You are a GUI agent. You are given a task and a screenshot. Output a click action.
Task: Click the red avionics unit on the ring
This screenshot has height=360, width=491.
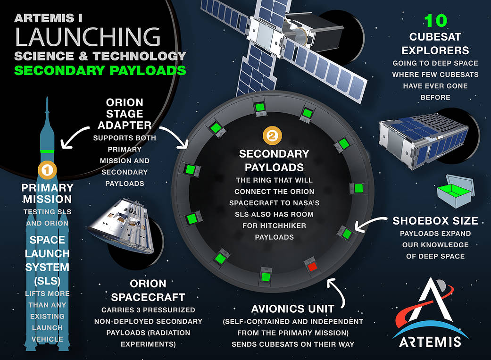point(311,267)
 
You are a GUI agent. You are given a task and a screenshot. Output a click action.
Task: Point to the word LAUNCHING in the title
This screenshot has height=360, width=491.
point(87,37)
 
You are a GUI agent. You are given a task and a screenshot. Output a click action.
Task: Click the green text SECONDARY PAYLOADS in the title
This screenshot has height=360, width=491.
point(100,71)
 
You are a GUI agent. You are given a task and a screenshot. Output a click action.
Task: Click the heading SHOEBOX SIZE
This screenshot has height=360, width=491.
point(435,221)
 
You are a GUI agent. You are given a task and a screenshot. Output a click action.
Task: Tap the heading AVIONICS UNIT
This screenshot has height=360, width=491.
point(292,309)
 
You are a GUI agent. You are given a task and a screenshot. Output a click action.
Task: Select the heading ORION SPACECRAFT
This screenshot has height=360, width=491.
point(148,291)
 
